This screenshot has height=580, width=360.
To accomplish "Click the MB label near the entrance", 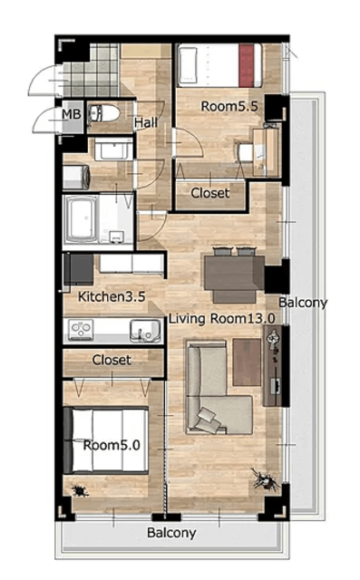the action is (x=71, y=114).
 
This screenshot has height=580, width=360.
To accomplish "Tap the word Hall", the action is (x=145, y=122).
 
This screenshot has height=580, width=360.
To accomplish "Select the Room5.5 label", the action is (x=229, y=107).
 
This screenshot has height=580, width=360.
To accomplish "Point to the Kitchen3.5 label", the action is (x=112, y=296).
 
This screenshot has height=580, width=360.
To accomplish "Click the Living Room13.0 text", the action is (x=222, y=318).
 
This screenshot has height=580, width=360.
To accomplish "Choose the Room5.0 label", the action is (x=112, y=445).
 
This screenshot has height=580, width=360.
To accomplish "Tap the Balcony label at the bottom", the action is (x=171, y=533).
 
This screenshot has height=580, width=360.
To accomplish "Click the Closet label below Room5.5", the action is (x=210, y=193).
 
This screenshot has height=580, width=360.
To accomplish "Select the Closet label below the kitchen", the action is (x=112, y=360).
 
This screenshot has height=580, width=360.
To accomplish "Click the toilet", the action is (x=104, y=113).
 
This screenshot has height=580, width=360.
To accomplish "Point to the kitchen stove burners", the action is (x=81, y=330).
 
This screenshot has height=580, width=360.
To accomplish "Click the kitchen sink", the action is (x=145, y=330).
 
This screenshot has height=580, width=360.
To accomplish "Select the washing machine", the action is (x=76, y=178).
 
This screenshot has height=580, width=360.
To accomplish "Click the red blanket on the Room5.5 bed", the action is (x=247, y=65).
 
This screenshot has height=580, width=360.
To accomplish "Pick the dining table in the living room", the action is (x=234, y=272).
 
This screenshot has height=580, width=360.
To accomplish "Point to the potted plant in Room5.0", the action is (x=80, y=491).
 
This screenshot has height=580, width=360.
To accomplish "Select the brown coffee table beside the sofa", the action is (x=247, y=362).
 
